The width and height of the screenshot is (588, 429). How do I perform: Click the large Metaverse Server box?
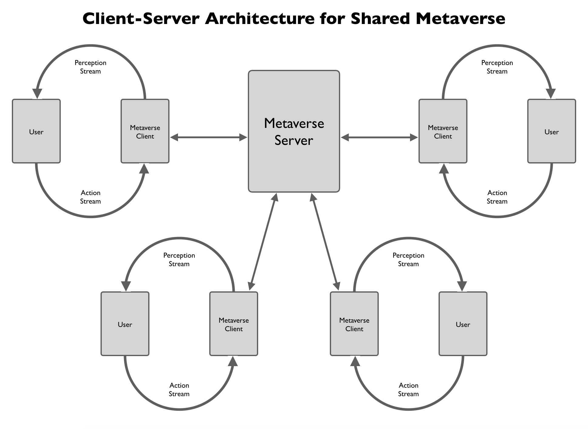tap(294, 131)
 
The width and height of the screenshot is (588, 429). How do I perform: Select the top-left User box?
tap(36, 131)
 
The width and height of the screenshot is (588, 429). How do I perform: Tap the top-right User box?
tap(551, 131)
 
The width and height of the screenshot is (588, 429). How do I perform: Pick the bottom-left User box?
tap(125, 324)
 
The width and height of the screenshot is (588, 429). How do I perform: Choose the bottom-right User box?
tap(463, 324)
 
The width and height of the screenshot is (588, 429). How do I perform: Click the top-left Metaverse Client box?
tap(145, 131)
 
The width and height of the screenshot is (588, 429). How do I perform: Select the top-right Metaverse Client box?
tap(443, 131)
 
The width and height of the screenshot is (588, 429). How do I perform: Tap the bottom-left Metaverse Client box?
tap(234, 324)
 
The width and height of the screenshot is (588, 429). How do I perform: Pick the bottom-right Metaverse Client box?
tap(354, 324)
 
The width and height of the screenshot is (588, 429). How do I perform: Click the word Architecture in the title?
tap(260, 19)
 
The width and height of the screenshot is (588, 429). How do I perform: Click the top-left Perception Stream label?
tap(91, 67)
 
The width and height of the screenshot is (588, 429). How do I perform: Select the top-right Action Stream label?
tap(497, 197)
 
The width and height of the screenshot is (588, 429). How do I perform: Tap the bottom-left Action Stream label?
tap(179, 390)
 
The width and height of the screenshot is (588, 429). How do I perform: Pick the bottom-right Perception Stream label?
tap(408, 259)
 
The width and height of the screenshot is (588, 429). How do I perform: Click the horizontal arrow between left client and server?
tap(209, 137)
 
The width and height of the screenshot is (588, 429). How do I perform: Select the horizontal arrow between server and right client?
tap(379, 137)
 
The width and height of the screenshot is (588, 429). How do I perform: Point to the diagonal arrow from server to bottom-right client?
tap(325, 242)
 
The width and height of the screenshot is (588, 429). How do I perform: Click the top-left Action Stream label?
tap(91, 197)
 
